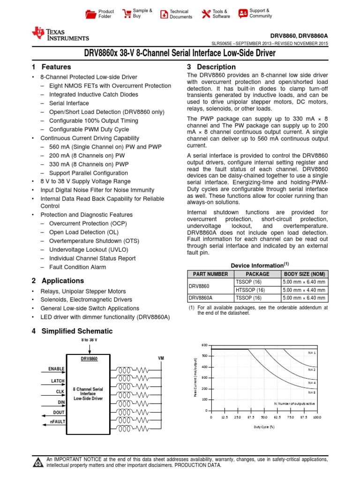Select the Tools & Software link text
pos(221,14)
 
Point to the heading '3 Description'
pos(211,67)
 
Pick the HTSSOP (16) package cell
pos(250,290)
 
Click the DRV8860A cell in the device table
pos(201,298)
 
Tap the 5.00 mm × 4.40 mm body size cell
pos(303,290)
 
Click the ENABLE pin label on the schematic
pos(56,369)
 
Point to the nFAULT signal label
pos(58,421)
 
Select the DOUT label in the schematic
pos(59,412)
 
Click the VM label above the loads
pos(161,358)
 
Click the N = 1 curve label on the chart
pos(312,352)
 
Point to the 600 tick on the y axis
pos(204,345)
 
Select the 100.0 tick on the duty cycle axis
pos(317,417)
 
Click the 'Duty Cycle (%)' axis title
pos(264,427)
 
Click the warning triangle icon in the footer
pos(38,463)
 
